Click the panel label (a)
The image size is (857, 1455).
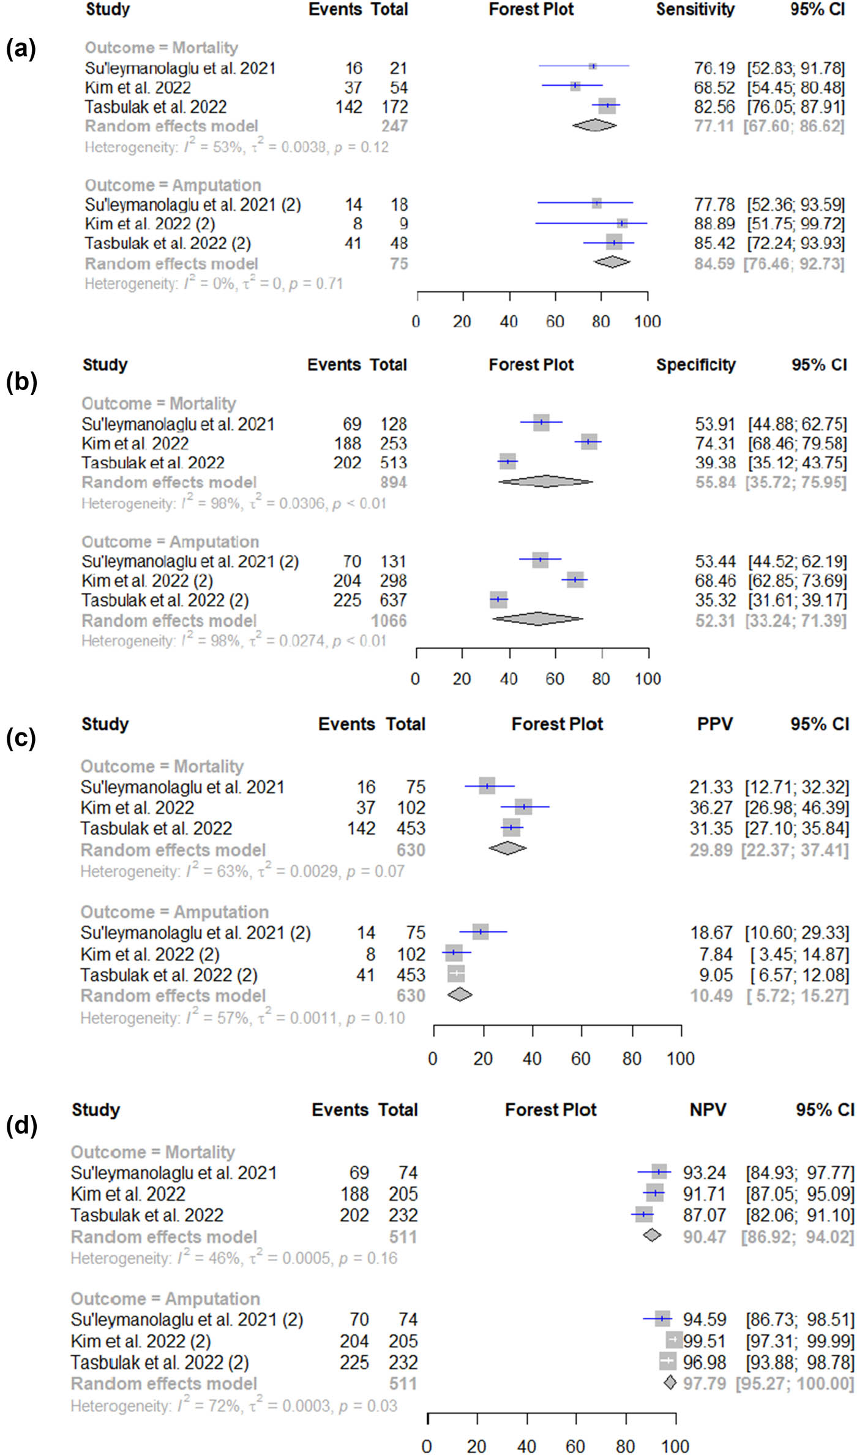[21, 48]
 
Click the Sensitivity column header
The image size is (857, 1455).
[695, 9]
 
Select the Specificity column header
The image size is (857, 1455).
[695, 365]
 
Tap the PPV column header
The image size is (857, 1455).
[714, 724]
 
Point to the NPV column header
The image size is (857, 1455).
[708, 1110]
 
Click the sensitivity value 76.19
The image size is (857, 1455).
[714, 68]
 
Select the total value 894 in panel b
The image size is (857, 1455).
[393, 483]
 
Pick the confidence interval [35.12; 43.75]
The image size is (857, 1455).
[797, 463]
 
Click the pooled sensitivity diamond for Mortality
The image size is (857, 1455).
[594, 125]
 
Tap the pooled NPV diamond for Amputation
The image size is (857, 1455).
[670, 1383]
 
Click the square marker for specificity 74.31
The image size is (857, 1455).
[589, 442]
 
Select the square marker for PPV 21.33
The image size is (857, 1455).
[487, 786]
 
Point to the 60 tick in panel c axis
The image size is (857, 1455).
[580, 1059]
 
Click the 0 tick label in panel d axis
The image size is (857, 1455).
[427, 1446]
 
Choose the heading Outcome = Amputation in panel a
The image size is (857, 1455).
[173, 185]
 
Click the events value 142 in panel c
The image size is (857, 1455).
[361, 829]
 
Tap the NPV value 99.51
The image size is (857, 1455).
[705, 1341]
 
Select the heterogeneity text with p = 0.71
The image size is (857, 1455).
[213, 284]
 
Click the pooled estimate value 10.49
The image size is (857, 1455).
[711, 996]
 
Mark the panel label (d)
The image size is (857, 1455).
[21, 1126]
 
